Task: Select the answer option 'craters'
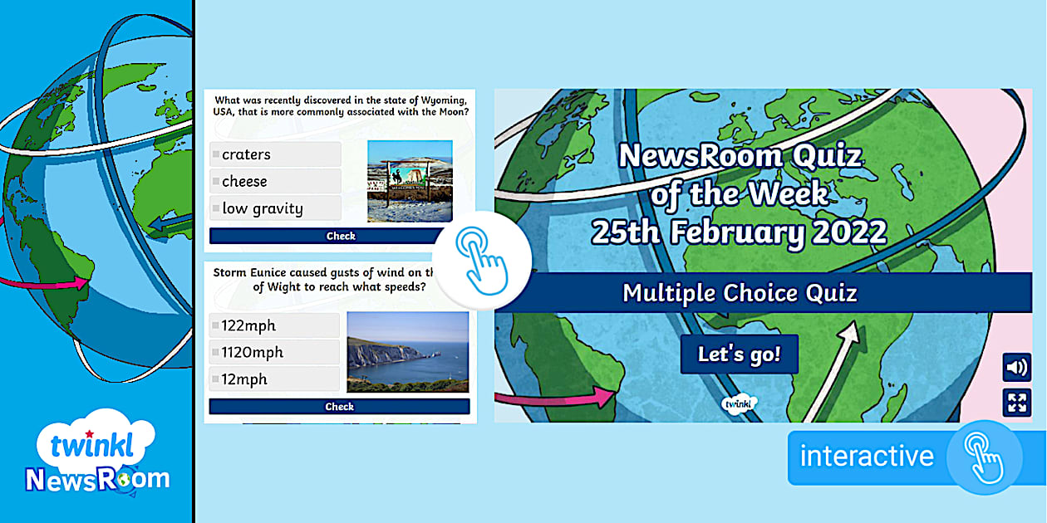(x=275, y=154)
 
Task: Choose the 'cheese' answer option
(x=275, y=181)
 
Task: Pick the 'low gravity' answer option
(x=275, y=208)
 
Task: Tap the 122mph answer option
(x=274, y=325)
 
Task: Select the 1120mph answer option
(x=274, y=352)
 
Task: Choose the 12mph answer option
(x=274, y=379)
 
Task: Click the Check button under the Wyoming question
(x=327, y=236)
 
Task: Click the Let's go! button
(x=740, y=354)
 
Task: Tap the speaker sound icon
(x=1016, y=368)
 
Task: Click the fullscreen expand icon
(x=1016, y=403)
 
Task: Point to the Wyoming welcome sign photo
(x=410, y=181)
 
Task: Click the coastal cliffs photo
(x=407, y=352)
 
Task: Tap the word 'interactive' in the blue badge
(x=867, y=456)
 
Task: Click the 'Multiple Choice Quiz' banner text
(x=740, y=293)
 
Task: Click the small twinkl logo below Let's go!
(x=739, y=403)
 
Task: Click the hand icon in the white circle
(x=482, y=261)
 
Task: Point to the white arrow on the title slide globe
(x=832, y=371)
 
